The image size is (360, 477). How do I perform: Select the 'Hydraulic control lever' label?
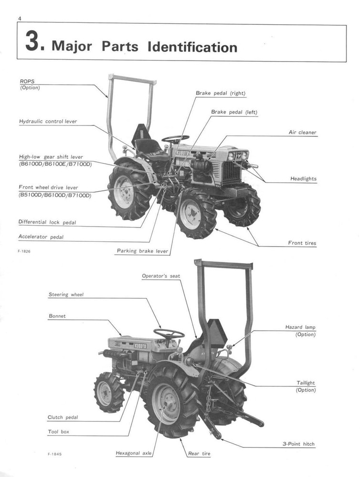48,122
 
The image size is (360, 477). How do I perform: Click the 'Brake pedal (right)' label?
221,93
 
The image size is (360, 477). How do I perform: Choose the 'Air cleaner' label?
302,133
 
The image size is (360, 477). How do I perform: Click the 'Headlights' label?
303,179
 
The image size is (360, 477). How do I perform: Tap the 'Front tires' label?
302,243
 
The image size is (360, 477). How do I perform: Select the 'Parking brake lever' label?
142,251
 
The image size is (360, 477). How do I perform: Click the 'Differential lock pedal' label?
47,222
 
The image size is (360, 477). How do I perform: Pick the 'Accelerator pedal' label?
41,237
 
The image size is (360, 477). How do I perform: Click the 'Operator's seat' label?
161,276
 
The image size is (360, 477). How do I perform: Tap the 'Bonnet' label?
57,316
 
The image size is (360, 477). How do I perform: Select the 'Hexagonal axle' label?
134,453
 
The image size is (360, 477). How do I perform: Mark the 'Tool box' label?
59,432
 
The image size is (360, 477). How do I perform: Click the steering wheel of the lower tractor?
169,333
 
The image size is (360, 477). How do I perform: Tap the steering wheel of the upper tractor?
175,139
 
